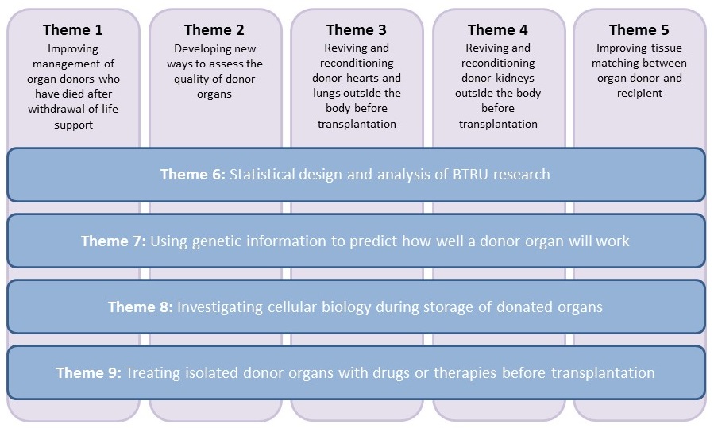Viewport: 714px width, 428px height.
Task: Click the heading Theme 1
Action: [73, 30]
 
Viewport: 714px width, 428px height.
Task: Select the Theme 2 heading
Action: [214, 30]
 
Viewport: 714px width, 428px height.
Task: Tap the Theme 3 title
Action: [356, 30]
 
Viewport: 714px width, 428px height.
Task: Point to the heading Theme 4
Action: [498, 30]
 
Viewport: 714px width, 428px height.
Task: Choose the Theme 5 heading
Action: [639, 30]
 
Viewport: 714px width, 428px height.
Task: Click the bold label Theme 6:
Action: [193, 175]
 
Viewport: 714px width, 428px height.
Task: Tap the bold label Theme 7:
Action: [114, 241]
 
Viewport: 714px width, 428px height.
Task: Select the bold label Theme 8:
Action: [141, 307]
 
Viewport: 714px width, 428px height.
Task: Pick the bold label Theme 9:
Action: [89, 373]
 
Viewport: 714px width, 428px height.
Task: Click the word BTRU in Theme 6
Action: [471, 175]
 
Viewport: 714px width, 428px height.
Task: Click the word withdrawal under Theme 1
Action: [54, 110]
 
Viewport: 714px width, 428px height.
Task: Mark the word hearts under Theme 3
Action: [362, 79]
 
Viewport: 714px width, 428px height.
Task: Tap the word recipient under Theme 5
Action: [639, 94]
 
